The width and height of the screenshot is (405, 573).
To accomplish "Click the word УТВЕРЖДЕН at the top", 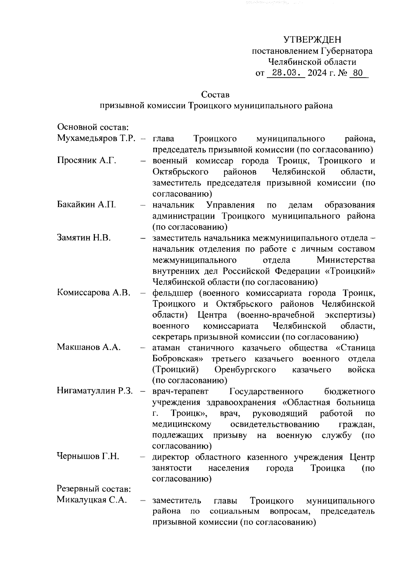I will [x=312, y=40].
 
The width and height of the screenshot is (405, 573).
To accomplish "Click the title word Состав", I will [x=215, y=94].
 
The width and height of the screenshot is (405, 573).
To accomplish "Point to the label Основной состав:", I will [x=93, y=128].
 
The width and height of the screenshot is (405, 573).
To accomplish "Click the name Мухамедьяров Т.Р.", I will [x=96, y=139].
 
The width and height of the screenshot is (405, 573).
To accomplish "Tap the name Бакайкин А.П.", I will [x=86, y=205].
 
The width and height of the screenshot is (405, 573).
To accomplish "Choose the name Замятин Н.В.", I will [x=84, y=238].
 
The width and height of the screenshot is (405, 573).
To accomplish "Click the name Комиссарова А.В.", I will [x=94, y=293].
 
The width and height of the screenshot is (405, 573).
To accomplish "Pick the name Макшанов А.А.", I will [x=89, y=347].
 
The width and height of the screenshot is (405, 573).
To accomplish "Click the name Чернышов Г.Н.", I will [x=88, y=457].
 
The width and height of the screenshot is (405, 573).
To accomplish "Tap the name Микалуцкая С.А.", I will [x=92, y=500].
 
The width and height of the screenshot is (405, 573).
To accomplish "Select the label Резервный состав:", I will [x=94, y=489].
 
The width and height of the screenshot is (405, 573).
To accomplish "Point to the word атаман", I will [x=166, y=348].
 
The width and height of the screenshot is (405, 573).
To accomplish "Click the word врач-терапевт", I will [x=181, y=391].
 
